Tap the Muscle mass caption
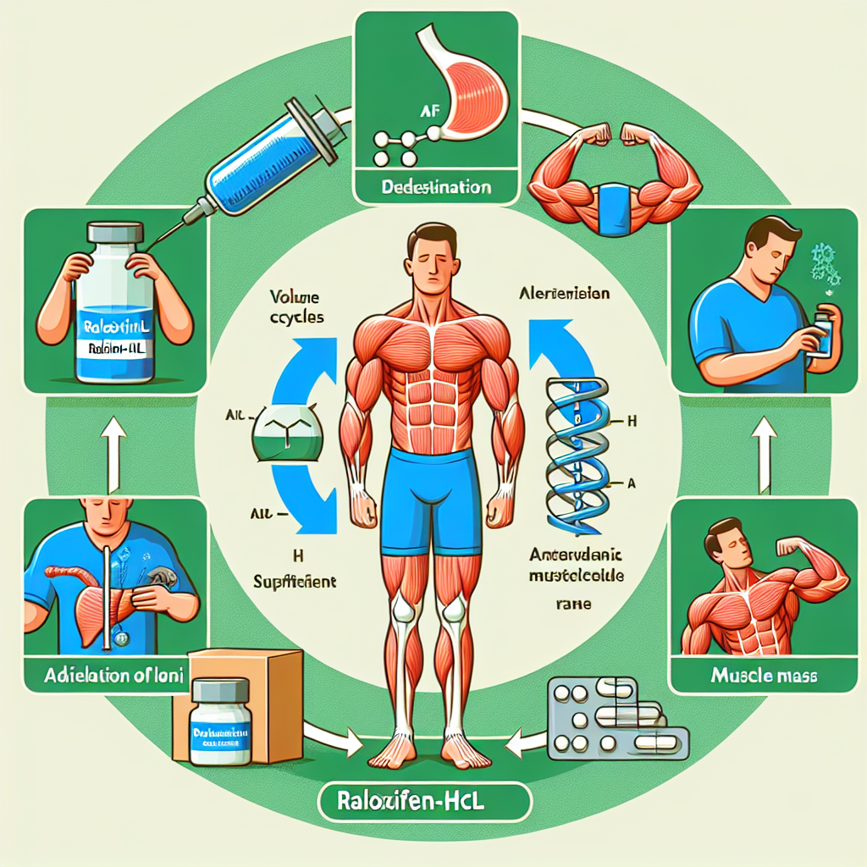(759, 677)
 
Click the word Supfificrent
(295, 582)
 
